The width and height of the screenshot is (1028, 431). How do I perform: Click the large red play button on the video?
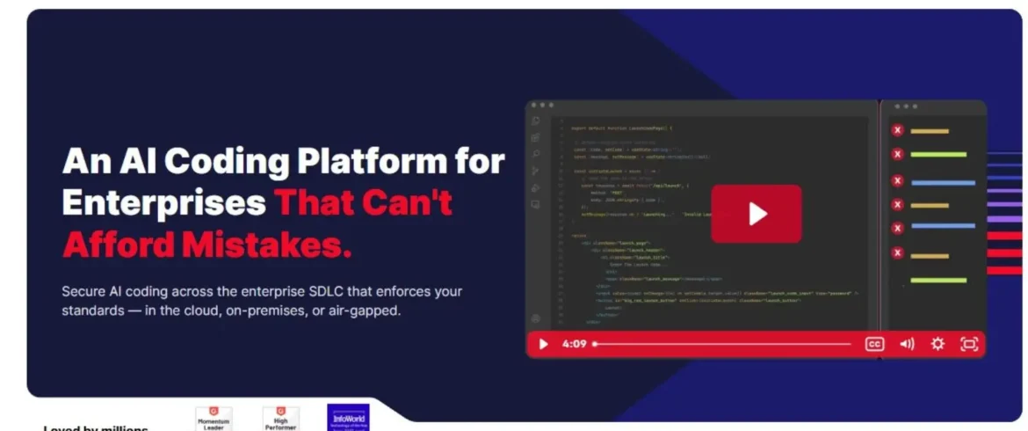tap(757, 213)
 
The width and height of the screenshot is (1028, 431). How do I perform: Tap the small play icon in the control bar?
tap(543, 344)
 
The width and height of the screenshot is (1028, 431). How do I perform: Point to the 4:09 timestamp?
tap(574, 344)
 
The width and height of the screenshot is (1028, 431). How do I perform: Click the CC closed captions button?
tap(874, 344)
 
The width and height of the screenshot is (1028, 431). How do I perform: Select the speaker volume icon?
tap(907, 344)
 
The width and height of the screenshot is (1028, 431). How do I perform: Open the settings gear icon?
tap(938, 344)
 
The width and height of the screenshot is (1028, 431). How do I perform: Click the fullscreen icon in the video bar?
tap(969, 344)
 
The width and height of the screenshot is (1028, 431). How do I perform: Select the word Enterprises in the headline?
tap(164, 203)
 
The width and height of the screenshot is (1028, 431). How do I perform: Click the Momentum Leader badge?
tap(213, 418)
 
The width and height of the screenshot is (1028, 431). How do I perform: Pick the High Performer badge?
tap(281, 418)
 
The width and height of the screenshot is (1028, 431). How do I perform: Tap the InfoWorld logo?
tap(348, 417)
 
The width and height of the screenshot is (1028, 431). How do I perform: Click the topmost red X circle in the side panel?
tap(897, 130)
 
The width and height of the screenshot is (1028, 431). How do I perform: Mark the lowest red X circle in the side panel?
tap(897, 253)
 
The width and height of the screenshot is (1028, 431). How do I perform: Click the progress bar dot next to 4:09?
tap(595, 344)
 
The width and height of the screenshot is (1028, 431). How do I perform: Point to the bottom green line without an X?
tap(938, 281)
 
